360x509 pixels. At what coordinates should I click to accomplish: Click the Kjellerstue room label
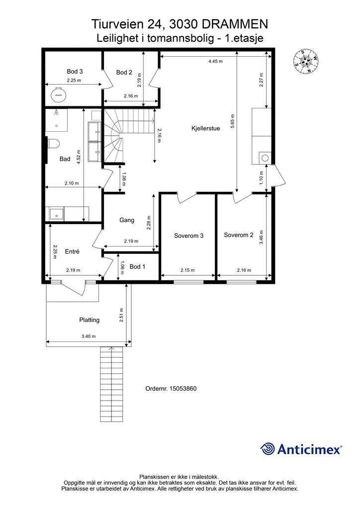(206, 128)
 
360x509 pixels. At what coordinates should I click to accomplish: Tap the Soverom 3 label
(188, 236)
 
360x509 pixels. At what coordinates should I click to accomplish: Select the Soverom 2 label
(239, 235)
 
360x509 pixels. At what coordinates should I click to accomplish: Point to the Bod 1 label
(137, 266)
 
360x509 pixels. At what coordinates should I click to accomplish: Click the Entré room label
(72, 251)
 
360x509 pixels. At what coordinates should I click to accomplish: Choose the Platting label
(90, 320)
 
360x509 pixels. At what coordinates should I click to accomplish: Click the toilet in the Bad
(53, 144)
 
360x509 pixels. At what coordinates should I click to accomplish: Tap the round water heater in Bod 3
(59, 94)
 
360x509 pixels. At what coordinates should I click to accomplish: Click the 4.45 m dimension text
(215, 61)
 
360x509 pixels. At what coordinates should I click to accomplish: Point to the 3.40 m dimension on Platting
(89, 337)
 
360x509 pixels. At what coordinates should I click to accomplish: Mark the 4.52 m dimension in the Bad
(79, 156)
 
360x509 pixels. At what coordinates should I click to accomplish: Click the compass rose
(305, 61)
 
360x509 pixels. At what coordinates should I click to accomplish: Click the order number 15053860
(183, 389)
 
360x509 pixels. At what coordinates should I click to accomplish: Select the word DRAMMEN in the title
(236, 24)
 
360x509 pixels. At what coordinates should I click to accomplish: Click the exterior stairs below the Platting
(112, 384)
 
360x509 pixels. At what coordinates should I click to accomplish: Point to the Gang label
(127, 220)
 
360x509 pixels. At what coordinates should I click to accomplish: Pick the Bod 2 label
(124, 73)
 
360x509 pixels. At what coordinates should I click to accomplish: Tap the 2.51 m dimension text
(121, 315)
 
